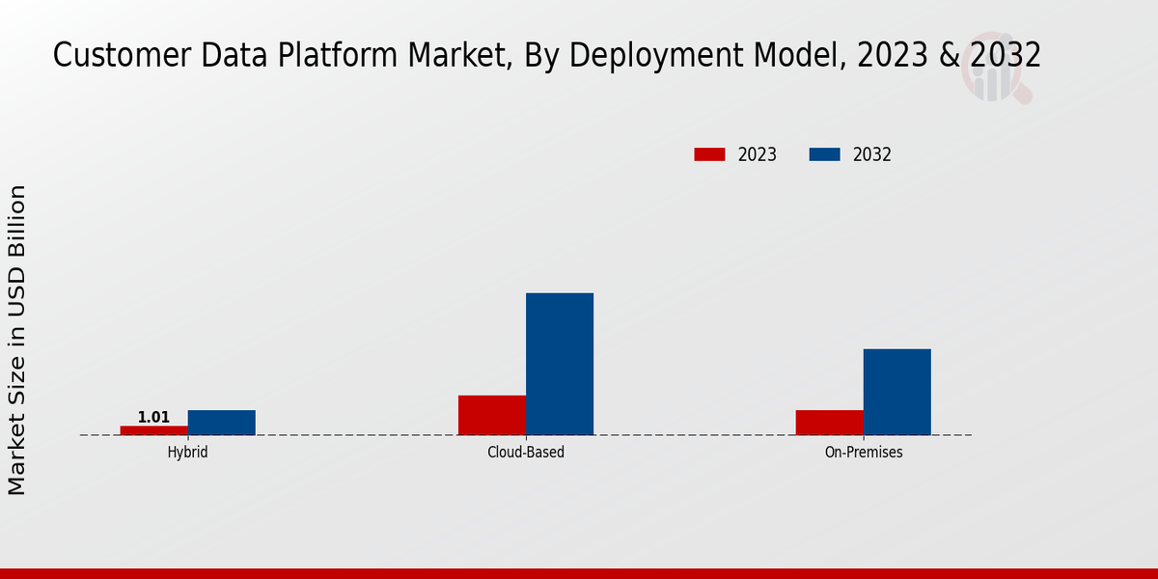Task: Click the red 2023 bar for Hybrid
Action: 154,430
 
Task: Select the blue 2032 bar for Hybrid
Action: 222,423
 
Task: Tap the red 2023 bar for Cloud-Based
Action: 492,415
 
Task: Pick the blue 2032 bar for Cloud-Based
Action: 560,364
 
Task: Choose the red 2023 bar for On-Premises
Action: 830,423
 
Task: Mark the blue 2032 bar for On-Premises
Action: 897,392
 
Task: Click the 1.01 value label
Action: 153,418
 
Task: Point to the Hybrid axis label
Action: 187,452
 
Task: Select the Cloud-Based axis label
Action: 526,452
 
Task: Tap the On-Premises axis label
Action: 864,452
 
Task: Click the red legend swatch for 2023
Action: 709,154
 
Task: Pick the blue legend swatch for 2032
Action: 824,154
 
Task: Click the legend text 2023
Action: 758,154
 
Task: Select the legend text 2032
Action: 872,154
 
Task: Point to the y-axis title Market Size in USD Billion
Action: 17,340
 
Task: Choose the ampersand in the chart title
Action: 949,56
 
